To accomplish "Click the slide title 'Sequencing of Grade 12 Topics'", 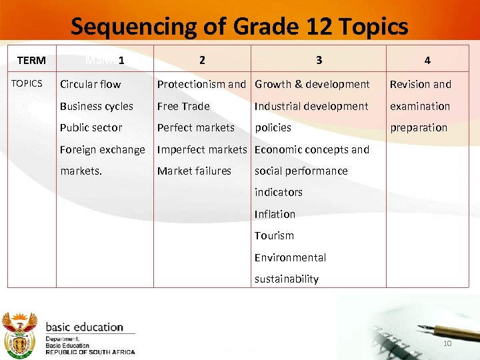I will coord(239,27).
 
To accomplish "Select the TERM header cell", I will coord(31,61).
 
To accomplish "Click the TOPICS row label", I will coord(27,83).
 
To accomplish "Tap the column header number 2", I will coord(202,60).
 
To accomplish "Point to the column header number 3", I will coord(319,60).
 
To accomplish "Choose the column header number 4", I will coord(427,61).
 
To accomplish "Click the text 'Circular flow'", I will coord(91,84).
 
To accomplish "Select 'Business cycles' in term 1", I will coord(97,106).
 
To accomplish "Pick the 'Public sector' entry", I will coord(91,127).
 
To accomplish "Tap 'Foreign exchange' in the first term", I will coord(102,149).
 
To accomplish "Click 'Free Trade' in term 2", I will coord(183,106).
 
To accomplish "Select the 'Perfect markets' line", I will coord(196,127).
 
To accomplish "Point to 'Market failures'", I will coord(194,171).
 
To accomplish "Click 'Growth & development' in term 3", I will coord(312,84).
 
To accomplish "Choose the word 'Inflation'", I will coord(275,214).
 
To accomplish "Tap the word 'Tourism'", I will coord(274,235).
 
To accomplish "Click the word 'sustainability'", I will coord(287,279).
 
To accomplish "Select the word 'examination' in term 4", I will coord(420,106).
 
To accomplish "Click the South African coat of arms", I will coord(20,334).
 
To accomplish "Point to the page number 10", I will coord(448,343).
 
